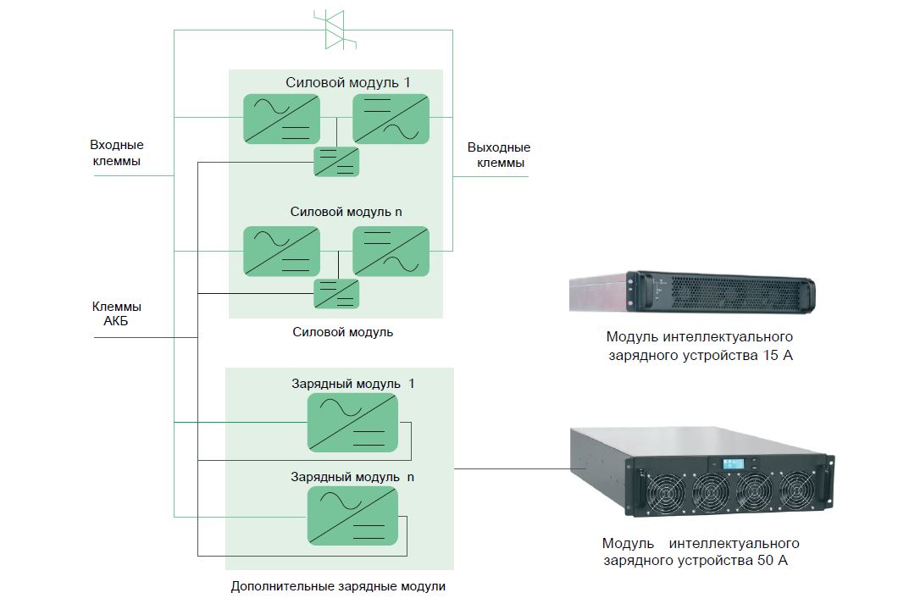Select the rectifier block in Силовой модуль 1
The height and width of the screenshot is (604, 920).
pos(281,119)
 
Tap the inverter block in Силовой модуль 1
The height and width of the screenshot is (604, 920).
pos(391,119)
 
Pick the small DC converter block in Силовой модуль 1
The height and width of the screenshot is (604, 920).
pos(336,161)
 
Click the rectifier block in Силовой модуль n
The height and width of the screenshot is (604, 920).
pos(281,251)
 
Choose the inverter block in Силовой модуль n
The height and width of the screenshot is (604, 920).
pos(391,251)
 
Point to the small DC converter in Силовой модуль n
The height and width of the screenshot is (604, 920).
pos(336,293)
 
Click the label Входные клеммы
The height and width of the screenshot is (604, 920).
pos(117,153)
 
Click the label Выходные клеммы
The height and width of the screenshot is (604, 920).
pos(499,155)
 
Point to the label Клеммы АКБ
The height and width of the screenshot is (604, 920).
pos(117,314)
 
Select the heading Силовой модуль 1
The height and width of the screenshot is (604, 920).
pos(347,82)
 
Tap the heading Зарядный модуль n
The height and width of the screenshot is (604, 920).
pos(352,477)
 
